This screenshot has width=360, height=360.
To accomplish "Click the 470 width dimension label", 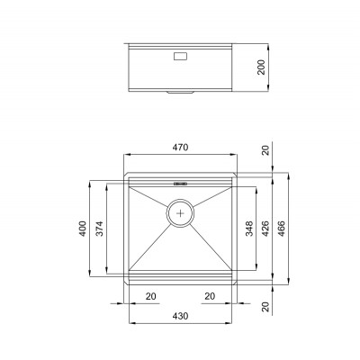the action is pyautogui.click(x=180, y=148).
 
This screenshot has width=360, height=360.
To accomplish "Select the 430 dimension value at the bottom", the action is pyautogui.click(x=180, y=316).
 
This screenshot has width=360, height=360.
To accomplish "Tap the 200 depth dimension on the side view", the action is pyautogui.click(x=262, y=67).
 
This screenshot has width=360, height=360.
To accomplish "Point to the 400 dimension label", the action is pyautogui.click(x=83, y=229).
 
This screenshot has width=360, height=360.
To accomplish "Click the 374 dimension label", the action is pyautogui.click(x=99, y=229).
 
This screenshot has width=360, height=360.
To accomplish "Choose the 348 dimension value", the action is pyautogui.click(x=249, y=229).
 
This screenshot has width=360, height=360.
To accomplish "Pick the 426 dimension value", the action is pyautogui.click(x=265, y=229).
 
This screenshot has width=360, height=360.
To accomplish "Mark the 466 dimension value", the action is pyautogui.click(x=282, y=229).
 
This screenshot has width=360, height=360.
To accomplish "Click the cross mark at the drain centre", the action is pyautogui.click(x=180, y=213).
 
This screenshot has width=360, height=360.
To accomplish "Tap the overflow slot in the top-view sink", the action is pyautogui.click(x=180, y=183).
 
